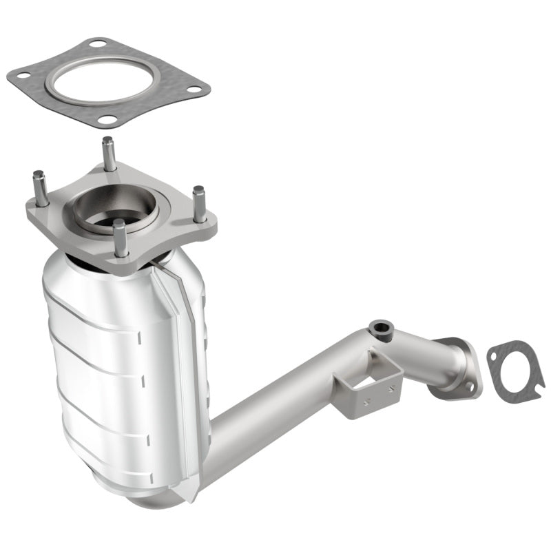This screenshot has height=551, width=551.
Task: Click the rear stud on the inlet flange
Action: tap(108, 153)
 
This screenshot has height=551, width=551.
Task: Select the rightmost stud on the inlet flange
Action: tap(200, 203)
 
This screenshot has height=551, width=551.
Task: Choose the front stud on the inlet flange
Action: tap(121, 238)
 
